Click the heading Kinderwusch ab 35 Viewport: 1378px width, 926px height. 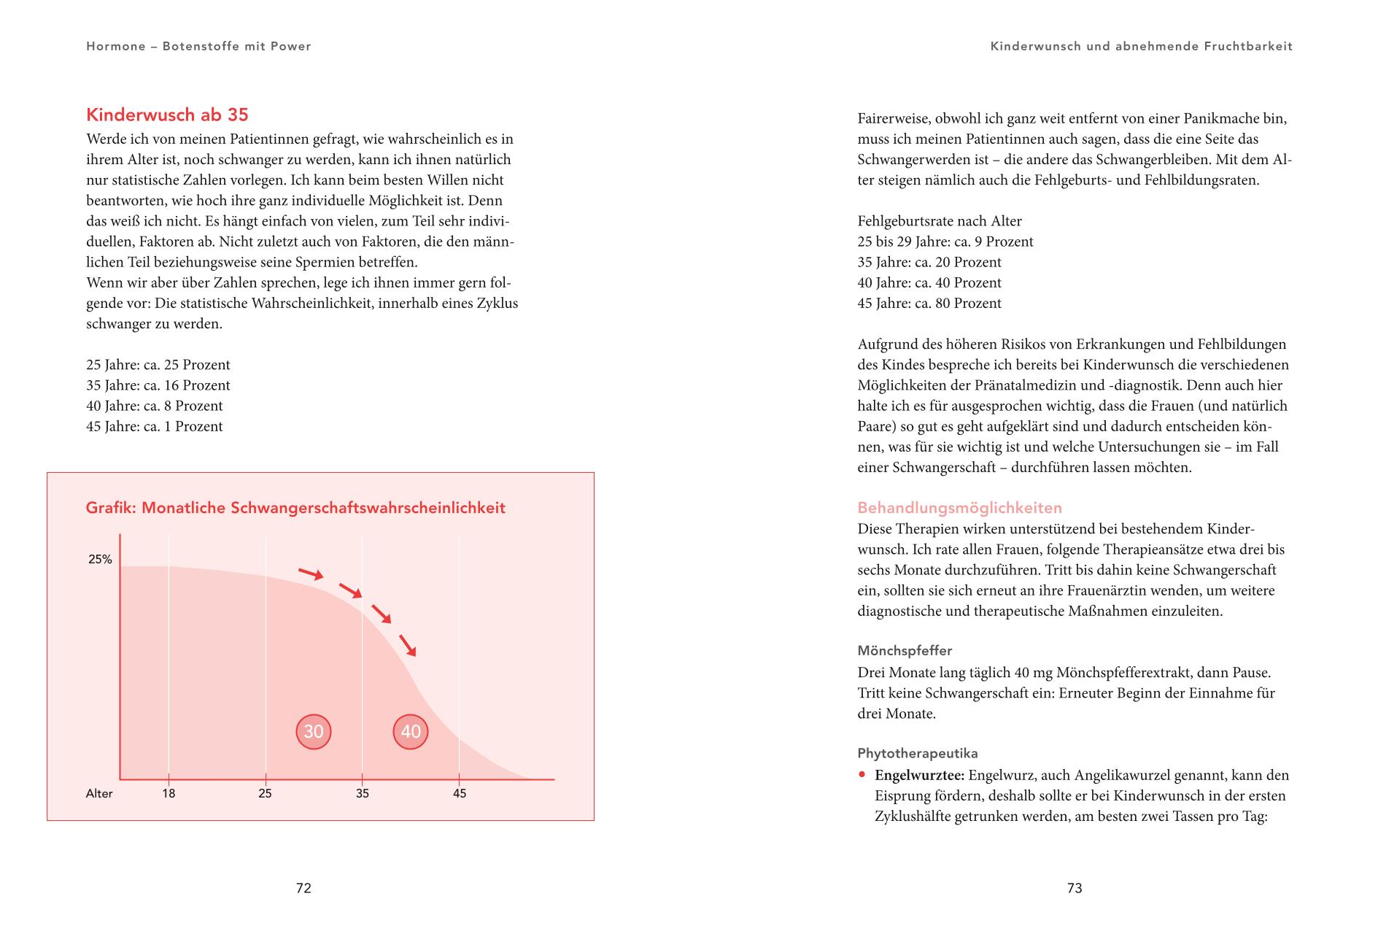click(x=167, y=115)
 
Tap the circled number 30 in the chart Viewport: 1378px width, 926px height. click(x=314, y=731)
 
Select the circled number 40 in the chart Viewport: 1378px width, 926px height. click(x=411, y=731)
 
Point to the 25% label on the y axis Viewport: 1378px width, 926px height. click(x=100, y=560)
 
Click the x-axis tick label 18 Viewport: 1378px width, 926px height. click(x=169, y=793)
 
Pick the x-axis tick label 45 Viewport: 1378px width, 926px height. click(x=459, y=793)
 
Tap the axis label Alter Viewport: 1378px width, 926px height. click(x=99, y=793)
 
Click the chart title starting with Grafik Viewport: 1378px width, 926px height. click(x=295, y=508)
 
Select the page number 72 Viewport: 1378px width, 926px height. click(x=303, y=888)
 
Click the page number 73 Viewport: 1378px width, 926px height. click(x=1075, y=888)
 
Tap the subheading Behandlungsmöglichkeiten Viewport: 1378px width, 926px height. click(x=959, y=508)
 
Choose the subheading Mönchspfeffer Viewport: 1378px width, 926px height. click(x=905, y=650)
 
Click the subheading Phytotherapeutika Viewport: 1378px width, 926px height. click(x=918, y=753)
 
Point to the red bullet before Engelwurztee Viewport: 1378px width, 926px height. click(x=862, y=775)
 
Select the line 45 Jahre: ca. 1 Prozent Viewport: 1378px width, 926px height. click(x=155, y=426)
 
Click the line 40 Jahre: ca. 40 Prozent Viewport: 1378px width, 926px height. click(x=929, y=282)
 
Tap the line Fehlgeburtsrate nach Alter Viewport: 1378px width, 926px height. click(x=940, y=221)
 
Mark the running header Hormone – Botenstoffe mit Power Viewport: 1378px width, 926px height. click(x=198, y=46)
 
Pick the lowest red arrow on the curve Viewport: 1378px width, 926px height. click(x=407, y=645)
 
